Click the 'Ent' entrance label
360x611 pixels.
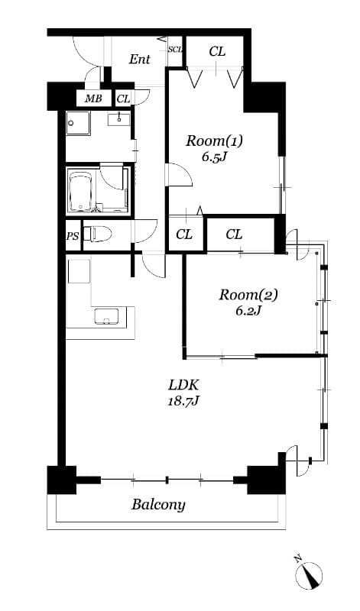139,60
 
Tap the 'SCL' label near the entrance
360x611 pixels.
175,50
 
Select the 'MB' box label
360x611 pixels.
92,99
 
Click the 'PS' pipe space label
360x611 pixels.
73,237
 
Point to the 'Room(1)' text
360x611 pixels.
214,141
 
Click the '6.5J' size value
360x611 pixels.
214,158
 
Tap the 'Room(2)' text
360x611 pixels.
248,295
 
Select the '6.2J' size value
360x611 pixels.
249,311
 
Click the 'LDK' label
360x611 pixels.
183,385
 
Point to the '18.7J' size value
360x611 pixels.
183,401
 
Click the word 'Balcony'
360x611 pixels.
158,505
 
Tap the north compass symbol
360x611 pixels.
309,573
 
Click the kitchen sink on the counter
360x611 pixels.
107,316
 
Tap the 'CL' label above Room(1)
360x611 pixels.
217,52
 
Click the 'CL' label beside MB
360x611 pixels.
123,99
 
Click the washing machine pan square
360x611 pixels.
77,122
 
